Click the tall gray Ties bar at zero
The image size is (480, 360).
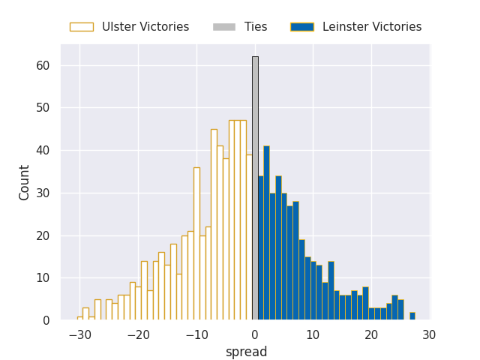(x=255, y=187)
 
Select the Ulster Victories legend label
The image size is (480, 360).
(x=145, y=27)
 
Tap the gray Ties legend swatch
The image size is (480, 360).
(x=224, y=27)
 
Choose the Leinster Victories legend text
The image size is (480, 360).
(x=372, y=27)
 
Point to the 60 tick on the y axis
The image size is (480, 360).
(x=43, y=66)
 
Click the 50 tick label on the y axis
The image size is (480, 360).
(x=43, y=108)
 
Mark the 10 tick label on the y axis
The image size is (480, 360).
(x=43, y=278)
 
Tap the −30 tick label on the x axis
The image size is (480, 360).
(x=79, y=336)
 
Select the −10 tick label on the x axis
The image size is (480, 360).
(x=196, y=336)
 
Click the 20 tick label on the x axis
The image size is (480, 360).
(x=371, y=336)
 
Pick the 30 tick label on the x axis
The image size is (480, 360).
(x=429, y=336)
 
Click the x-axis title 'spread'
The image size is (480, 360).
(x=246, y=352)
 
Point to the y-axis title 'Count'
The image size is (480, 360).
(x=25, y=182)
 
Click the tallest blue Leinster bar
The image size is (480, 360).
(x=266, y=232)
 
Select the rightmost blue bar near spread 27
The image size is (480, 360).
(x=412, y=316)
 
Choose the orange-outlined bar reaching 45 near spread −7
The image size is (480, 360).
(x=214, y=225)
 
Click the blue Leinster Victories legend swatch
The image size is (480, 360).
(x=302, y=27)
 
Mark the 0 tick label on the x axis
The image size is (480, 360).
(x=255, y=336)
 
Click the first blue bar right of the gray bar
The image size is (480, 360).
(x=260, y=247)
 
